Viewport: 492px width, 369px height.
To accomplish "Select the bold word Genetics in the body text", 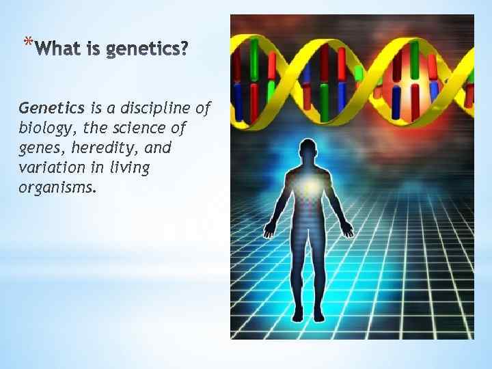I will [x=52, y=108].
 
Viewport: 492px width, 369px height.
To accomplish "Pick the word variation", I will [x=51, y=167].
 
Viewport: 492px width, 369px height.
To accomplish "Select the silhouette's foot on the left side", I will [x=298, y=316].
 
